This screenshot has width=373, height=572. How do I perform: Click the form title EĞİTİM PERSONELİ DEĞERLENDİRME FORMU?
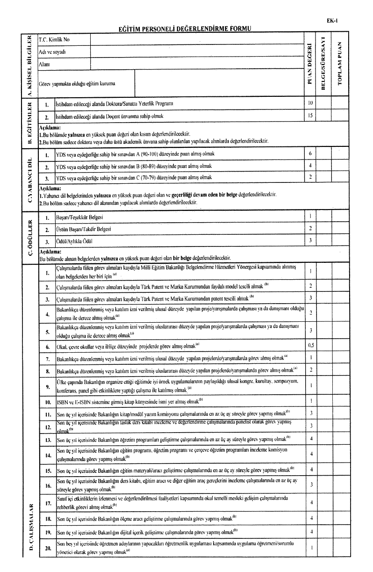185,29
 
